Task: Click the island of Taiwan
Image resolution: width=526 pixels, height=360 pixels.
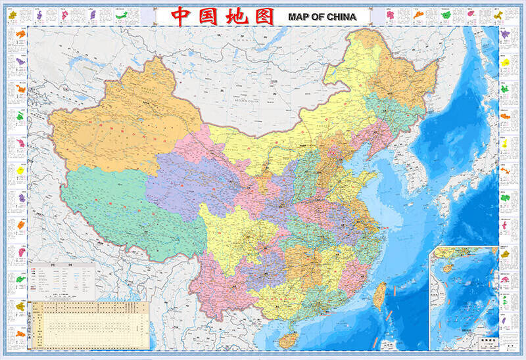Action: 379,295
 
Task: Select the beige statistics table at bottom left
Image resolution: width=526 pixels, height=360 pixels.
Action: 89,323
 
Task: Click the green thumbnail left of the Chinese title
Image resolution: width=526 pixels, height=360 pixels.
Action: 121,14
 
